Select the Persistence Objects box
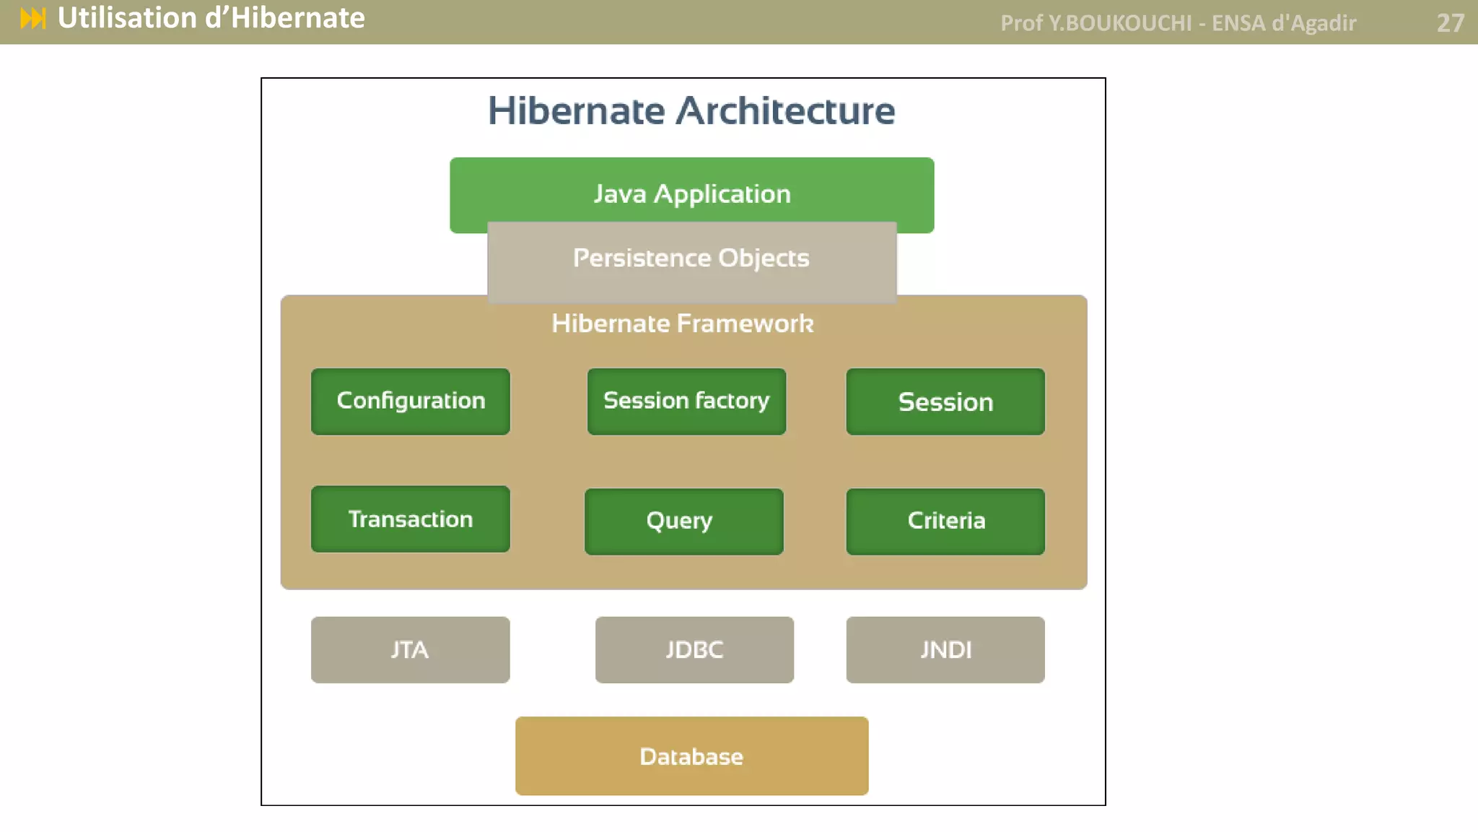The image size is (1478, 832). point(691,259)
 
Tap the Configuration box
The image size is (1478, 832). point(410,401)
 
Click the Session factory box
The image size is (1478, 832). point(686,401)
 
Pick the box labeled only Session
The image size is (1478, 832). point(945,402)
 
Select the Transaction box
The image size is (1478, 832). point(410,519)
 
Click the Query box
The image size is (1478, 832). point(683,521)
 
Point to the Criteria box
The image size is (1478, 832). point(945,521)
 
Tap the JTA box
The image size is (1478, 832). point(410,649)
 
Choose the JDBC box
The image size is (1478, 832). point(694,649)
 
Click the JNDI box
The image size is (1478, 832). point(945,649)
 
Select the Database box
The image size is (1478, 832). point(691,756)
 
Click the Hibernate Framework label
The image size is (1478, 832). point(682,324)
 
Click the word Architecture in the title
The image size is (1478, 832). point(785,111)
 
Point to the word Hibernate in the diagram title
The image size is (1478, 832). point(576,111)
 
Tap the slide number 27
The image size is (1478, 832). point(1450,23)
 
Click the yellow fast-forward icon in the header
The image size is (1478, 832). point(33,19)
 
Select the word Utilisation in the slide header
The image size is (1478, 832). point(127,18)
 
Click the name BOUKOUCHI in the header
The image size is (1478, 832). point(1128,23)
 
